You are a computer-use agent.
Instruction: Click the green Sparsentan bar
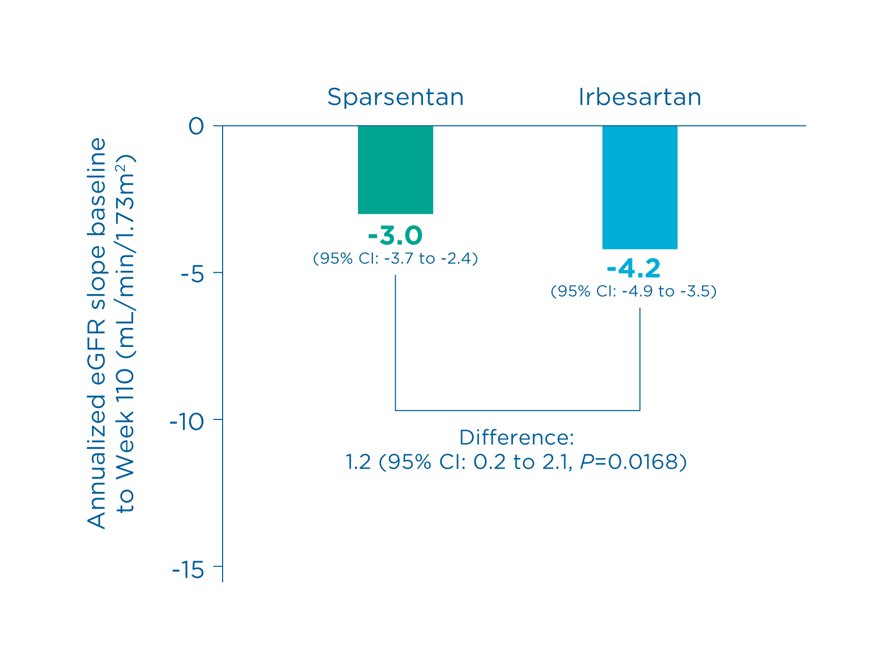(395, 169)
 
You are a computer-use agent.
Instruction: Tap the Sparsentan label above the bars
(395, 97)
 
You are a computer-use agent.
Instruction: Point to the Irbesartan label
(639, 97)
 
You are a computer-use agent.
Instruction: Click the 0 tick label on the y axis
(196, 126)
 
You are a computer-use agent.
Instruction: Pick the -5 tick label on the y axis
(192, 273)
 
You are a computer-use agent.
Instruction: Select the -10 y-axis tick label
(188, 421)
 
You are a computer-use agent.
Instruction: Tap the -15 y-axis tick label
(188, 570)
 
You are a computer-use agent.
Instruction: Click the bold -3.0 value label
(395, 236)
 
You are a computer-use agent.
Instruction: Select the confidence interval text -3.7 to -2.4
(395, 259)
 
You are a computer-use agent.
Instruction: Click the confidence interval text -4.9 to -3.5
(633, 291)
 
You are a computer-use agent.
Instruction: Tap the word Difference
(516, 438)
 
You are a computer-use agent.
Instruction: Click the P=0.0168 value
(629, 462)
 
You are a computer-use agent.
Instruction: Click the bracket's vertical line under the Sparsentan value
(396, 344)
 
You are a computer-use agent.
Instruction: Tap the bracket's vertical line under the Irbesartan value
(640, 360)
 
